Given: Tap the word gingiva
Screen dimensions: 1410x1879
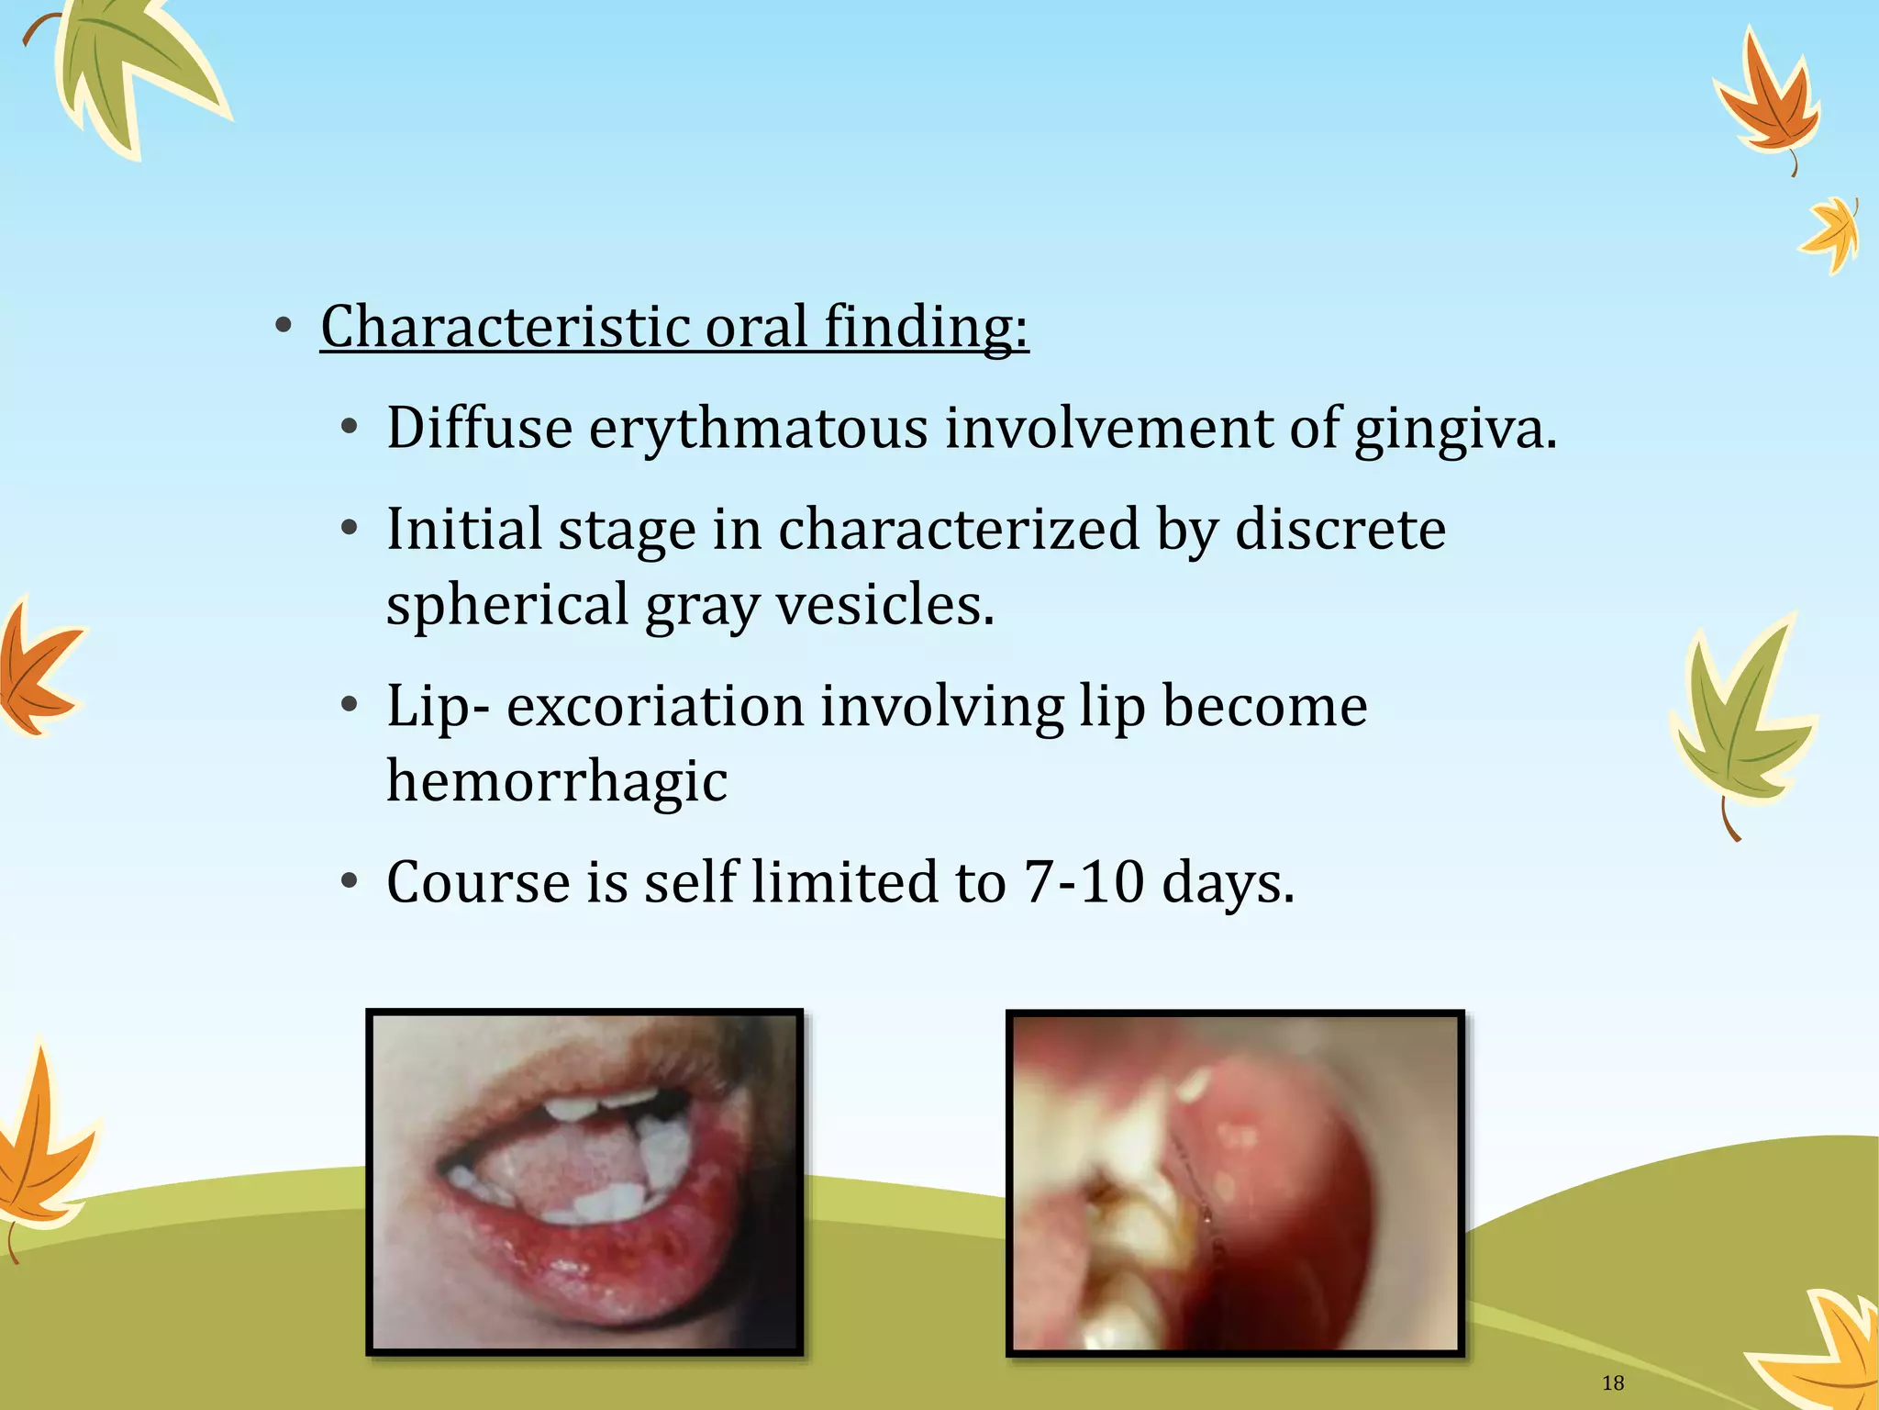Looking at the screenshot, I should [x=1455, y=429].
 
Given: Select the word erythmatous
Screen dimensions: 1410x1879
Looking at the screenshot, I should [x=758, y=429].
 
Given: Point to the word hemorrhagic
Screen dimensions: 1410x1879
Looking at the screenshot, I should [x=557, y=781].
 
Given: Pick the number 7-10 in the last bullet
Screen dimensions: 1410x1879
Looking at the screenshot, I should [x=1084, y=882].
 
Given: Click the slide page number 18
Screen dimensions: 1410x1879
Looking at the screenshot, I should [x=1612, y=1382].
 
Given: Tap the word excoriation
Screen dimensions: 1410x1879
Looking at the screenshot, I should [x=655, y=706].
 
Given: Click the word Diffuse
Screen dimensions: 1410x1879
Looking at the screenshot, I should [x=479, y=429].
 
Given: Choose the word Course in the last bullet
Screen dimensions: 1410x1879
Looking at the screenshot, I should [x=478, y=882].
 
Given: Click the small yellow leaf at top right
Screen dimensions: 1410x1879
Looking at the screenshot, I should [x=1832, y=234].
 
